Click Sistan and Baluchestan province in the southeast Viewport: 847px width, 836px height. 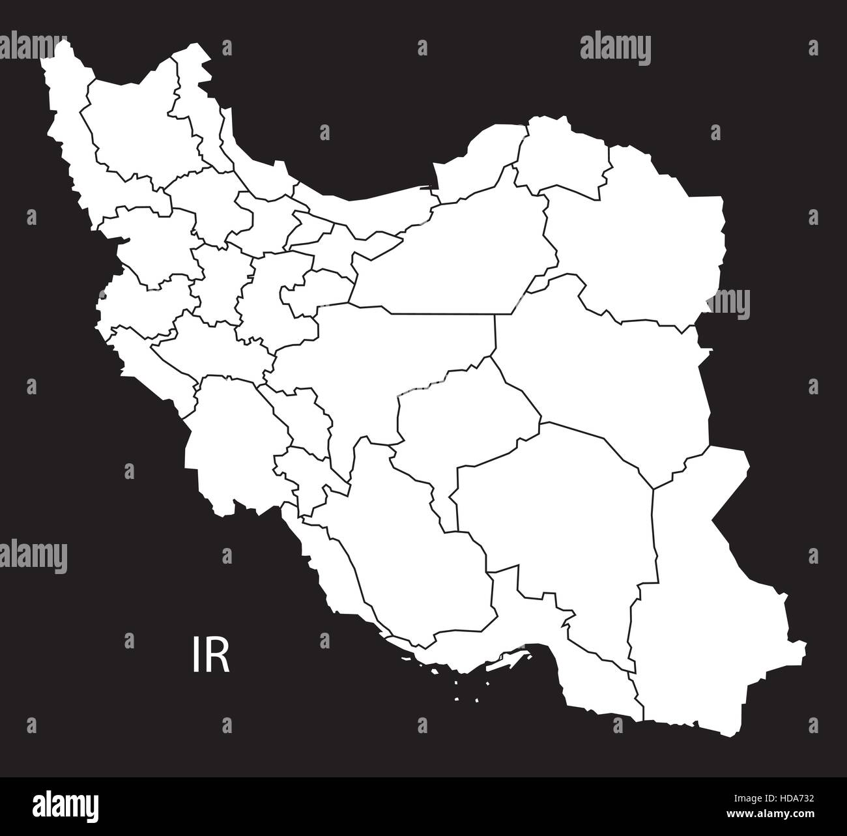704,599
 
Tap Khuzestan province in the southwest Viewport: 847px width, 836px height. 228,443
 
